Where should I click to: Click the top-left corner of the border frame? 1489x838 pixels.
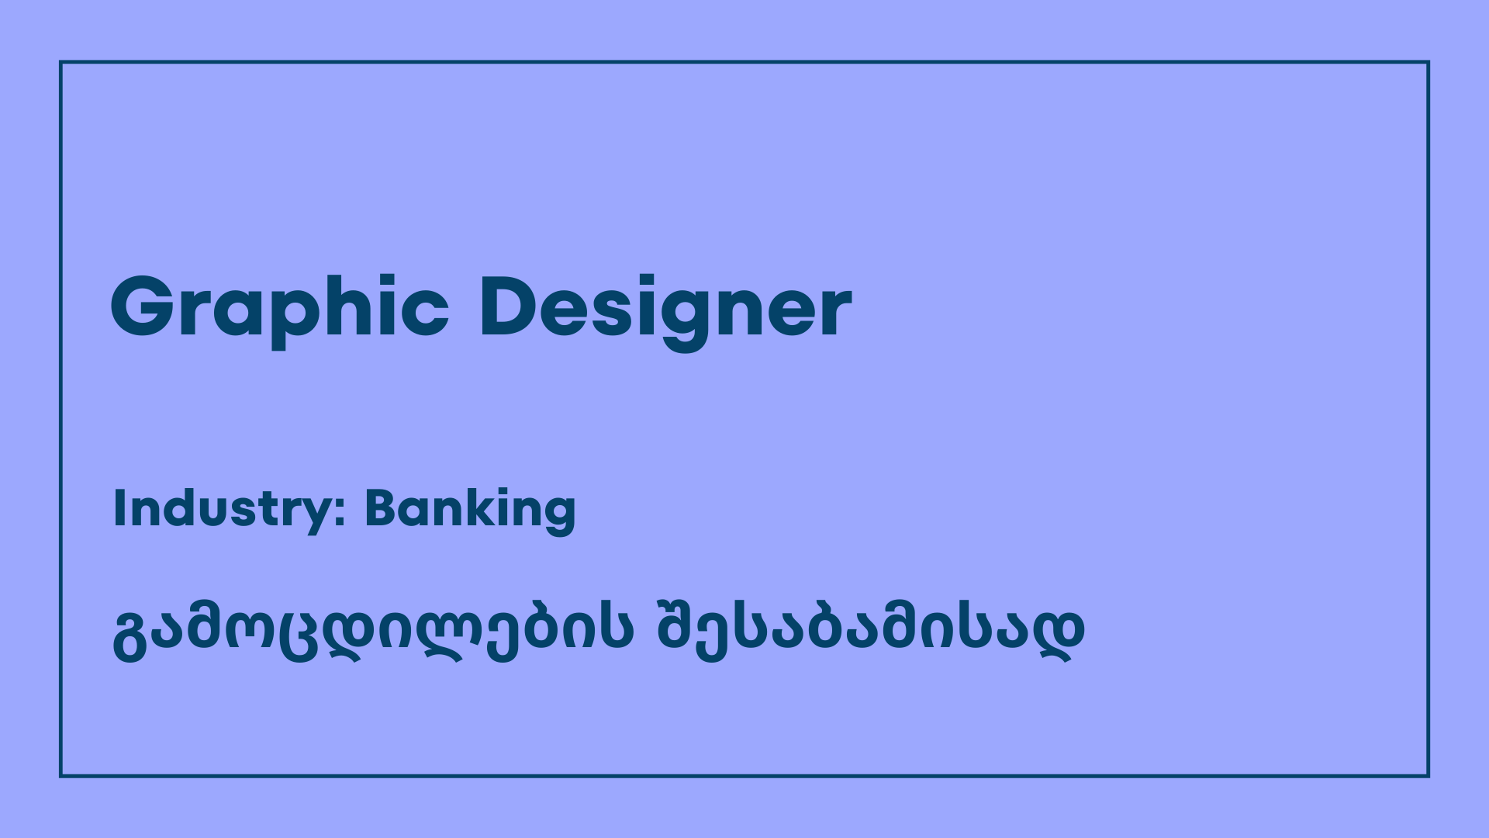coord(60,62)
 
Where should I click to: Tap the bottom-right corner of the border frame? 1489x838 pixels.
coord(1429,776)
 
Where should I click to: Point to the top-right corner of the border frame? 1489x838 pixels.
coord(1429,62)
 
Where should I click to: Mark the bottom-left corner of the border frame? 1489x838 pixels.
coord(60,776)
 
